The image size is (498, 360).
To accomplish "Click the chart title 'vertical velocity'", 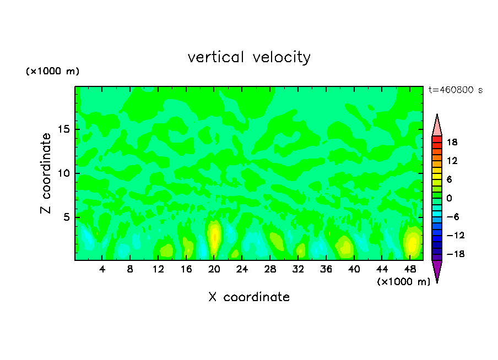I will tap(249, 57).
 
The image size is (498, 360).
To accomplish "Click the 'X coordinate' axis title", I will tap(249, 297).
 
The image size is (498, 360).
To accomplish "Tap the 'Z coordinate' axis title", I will tap(46, 173).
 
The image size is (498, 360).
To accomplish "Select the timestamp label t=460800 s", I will tap(455, 90).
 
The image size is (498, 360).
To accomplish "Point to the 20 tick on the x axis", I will tap(214, 269).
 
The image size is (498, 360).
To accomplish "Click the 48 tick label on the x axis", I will tap(410, 269).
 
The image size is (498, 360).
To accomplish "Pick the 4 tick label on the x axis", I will tap(102, 269).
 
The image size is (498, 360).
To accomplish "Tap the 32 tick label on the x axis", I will tap(298, 269).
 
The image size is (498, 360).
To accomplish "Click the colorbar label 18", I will tap(452, 142).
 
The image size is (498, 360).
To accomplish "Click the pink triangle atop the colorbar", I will tap(437, 127).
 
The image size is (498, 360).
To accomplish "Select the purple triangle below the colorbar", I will tap(437, 270).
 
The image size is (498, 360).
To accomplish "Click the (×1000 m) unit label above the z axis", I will tap(53, 72).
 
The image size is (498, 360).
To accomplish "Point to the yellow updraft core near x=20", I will tap(214, 234).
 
